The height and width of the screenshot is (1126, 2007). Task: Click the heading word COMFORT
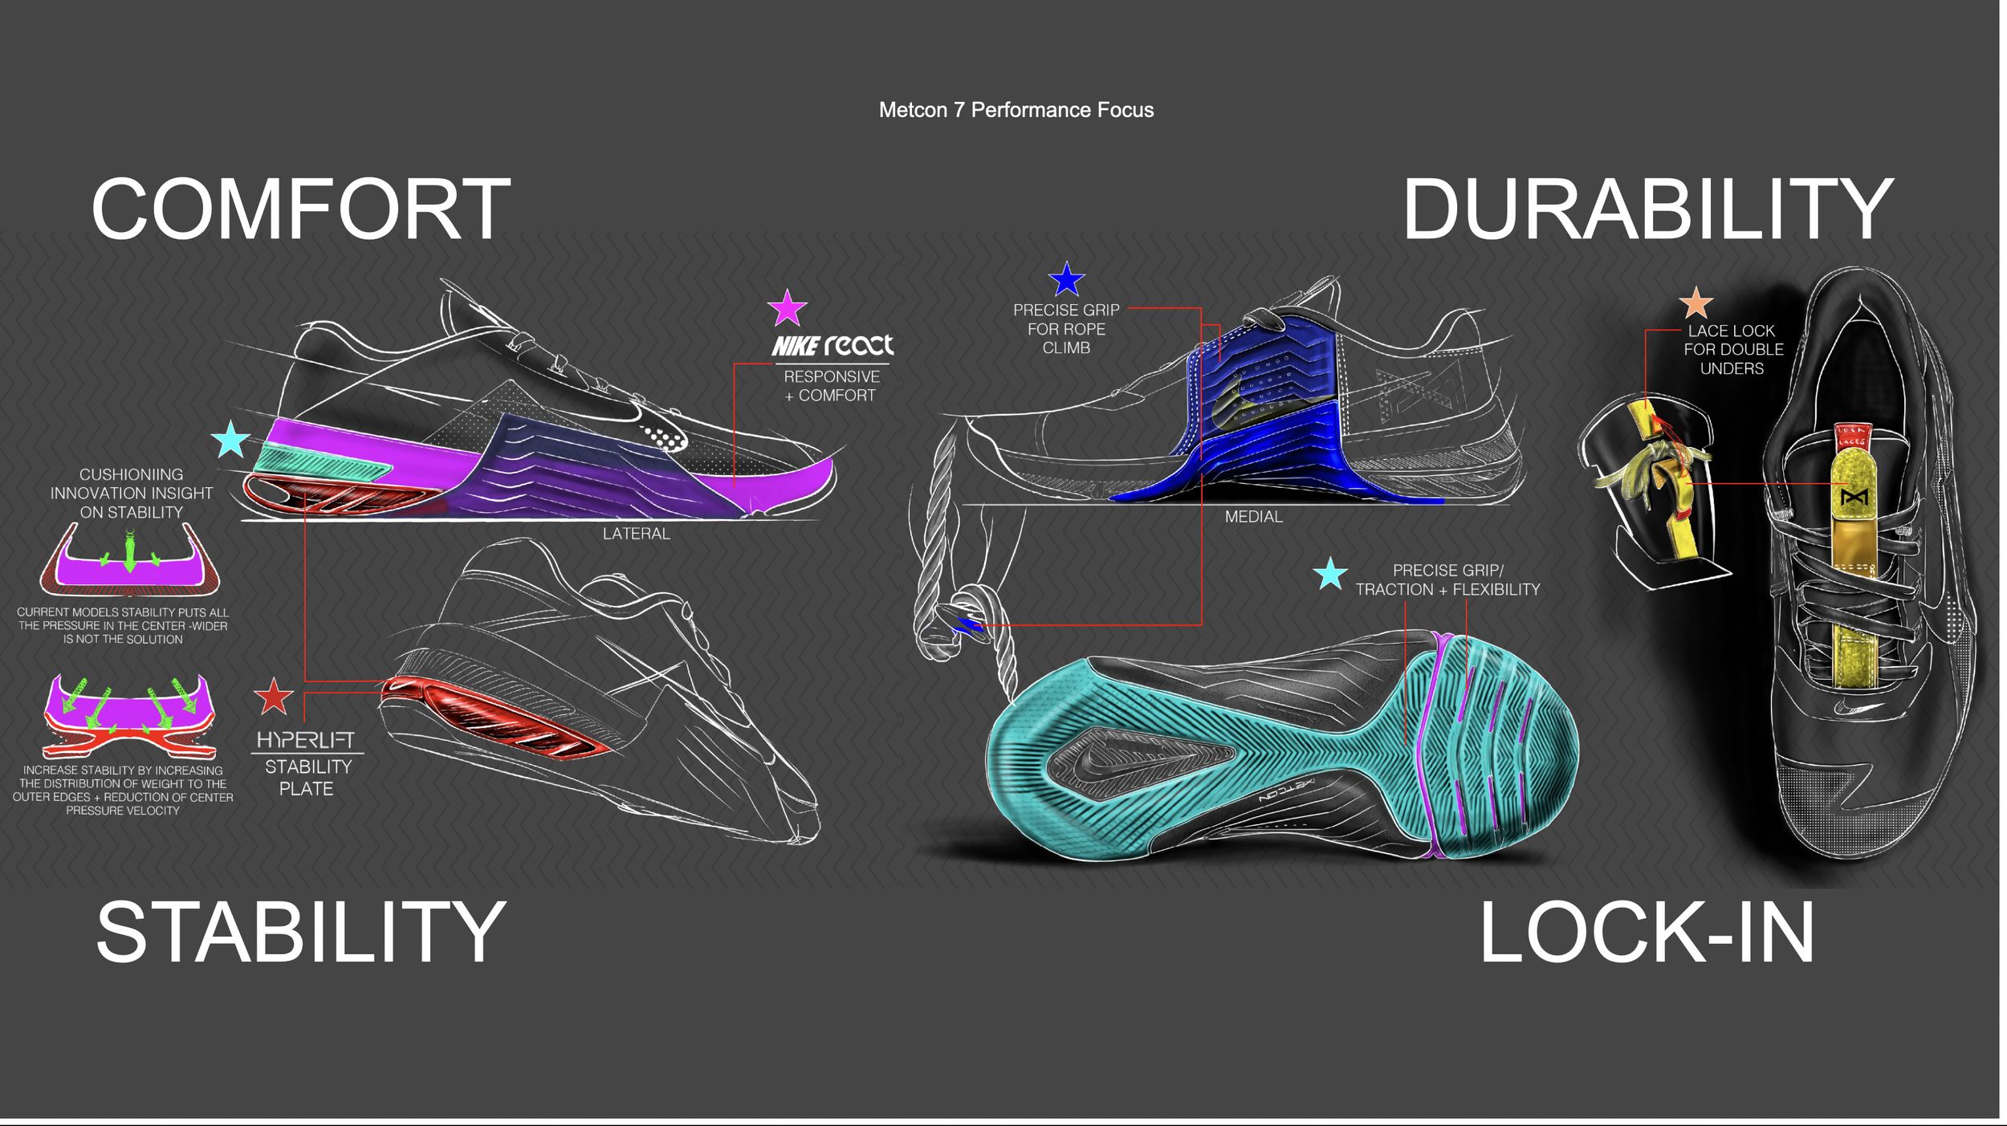coord(301,209)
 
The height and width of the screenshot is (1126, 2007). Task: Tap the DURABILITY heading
coord(1647,209)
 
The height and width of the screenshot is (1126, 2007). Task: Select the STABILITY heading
coord(301,932)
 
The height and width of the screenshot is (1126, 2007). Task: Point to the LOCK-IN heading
coord(1647,932)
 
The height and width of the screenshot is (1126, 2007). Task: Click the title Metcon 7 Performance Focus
coord(1016,110)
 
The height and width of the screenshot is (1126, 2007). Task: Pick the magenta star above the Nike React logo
coord(787,308)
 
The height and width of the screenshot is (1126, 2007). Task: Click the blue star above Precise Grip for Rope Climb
coord(1066,280)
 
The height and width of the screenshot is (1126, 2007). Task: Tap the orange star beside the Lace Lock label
coord(1696,304)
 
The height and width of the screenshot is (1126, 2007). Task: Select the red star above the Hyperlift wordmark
coord(273,697)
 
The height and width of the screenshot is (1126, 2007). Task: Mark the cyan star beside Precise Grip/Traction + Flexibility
coord(1330,574)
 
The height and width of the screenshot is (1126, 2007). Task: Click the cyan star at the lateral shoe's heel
coord(230,440)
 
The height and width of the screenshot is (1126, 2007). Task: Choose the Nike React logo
coord(833,346)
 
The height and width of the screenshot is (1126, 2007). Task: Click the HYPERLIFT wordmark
coord(305,740)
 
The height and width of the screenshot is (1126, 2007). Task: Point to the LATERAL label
coord(636,534)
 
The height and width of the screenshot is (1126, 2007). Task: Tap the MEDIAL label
coord(1253,517)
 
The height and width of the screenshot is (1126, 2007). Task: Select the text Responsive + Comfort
coord(832,386)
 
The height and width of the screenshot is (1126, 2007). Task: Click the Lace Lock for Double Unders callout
coord(1732,350)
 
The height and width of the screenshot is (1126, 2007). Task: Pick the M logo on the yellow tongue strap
coord(1854,498)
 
